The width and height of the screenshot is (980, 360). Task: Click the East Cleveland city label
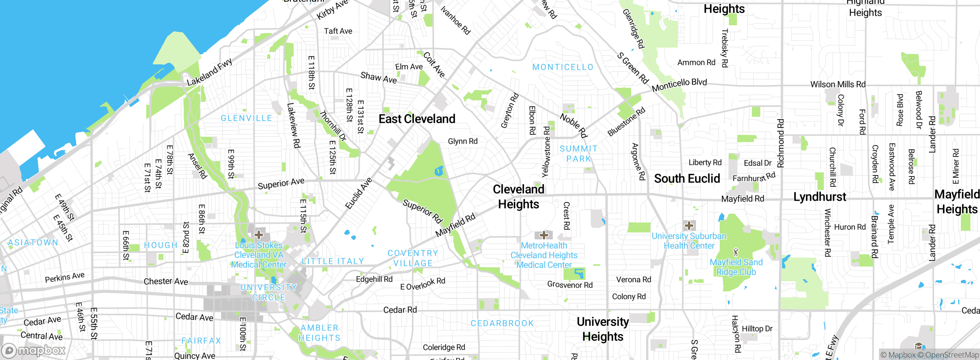[417, 119]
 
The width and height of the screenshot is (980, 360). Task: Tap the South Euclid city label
[687, 179]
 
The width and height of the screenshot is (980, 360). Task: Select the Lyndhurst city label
[820, 197]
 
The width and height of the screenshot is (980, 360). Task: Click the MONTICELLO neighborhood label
[563, 67]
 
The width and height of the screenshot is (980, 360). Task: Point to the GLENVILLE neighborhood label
[246, 118]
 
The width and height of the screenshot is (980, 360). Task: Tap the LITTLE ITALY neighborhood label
[333, 261]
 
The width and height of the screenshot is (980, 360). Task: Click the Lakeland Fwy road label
[209, 72]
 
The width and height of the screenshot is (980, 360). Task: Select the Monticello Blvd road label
[679, 85]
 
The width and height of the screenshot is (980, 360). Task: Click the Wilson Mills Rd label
[838, 84]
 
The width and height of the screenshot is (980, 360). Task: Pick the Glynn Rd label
[462, 141]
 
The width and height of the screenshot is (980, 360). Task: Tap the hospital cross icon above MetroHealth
[544, 235]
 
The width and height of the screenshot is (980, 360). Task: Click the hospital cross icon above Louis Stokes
[259, 234]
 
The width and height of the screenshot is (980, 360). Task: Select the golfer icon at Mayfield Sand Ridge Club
[735, 252]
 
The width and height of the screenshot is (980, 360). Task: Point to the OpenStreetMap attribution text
[952, 355]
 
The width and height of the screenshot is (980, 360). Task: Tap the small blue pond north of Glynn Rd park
[439, 171]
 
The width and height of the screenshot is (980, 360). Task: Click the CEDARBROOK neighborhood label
[502, 324]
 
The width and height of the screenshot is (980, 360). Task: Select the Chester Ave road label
[166, 281]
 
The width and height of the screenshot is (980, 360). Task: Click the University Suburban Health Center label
[689, 241]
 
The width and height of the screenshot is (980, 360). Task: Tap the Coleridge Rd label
[444, 347]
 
